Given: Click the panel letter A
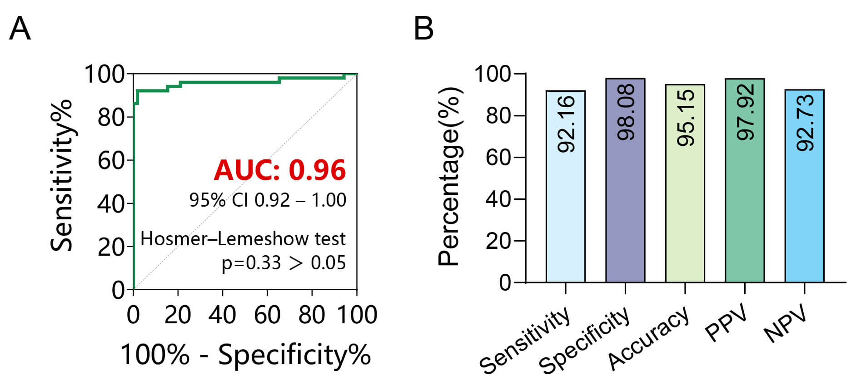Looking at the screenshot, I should pyautogui.click(x=20, y=29).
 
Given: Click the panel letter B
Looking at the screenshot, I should pyautogui.click(x=423, y=29).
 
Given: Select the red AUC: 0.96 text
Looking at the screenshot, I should pyautogui.click(x=280, y=170).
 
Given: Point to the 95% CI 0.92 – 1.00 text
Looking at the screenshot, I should pyautogui.click(x=268, y=200).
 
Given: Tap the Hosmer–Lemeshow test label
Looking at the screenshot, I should pyautogui.click(x=243, y=239).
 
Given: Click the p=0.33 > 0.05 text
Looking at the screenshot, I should pyautogui.click(x=284, y=263).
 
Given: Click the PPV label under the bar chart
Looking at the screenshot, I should pyautogui.click(x=726, y=323).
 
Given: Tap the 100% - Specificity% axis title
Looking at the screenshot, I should pyautogui.click(x=245, y=355).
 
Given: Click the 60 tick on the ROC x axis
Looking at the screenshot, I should pyautogui.click(x=267, y=315).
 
